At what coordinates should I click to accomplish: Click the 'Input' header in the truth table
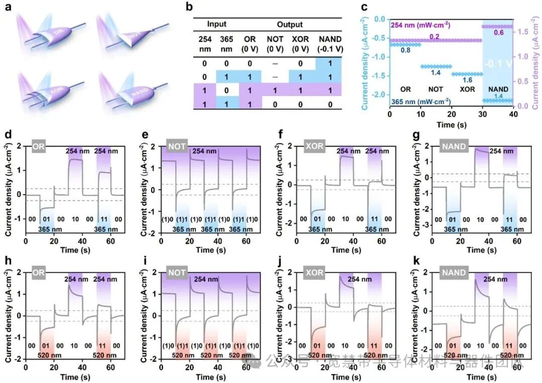pyautogui.click(x=217, y=24)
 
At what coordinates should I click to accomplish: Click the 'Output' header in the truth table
pyautogui.click(x=290, y=24)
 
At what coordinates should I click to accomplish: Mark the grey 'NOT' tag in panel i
pyautogui.click(x=177, y=273)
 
